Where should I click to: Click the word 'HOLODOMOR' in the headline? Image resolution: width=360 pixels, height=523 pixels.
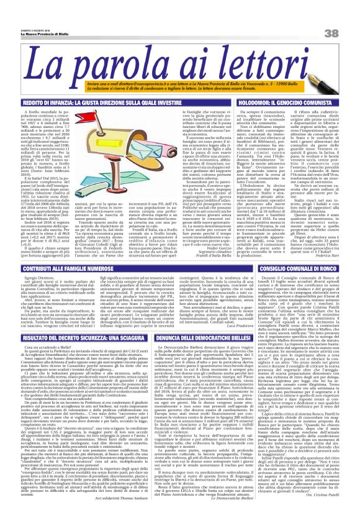tap(260, 101)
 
